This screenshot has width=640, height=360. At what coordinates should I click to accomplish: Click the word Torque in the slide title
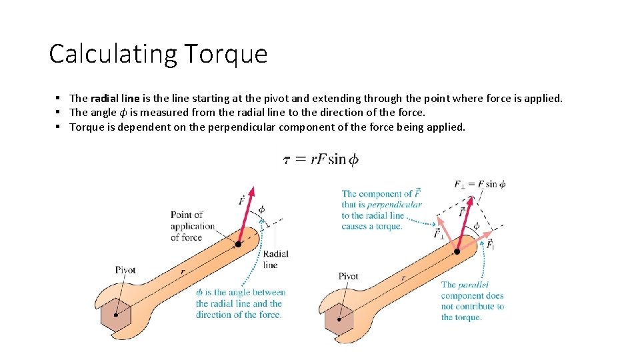coord(225,54)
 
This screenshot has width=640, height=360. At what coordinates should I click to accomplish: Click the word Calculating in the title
coord(112,54)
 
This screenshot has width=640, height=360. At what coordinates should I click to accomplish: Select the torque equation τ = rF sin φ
coord(321,159)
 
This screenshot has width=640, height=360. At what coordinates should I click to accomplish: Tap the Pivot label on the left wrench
coord(125,270)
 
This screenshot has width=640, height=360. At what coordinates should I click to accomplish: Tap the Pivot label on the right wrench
coord(348,276)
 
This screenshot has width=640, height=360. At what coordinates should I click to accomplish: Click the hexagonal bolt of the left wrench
coord(117,315)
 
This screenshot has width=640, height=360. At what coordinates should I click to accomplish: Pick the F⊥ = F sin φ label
coord(479,184)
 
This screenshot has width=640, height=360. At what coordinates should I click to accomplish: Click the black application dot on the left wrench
coord(238,244)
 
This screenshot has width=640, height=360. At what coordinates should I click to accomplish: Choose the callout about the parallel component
coord(472,301)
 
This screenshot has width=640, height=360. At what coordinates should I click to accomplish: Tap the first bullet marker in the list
coord(59,98)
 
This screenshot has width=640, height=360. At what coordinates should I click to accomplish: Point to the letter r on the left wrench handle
coord(181,272)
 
